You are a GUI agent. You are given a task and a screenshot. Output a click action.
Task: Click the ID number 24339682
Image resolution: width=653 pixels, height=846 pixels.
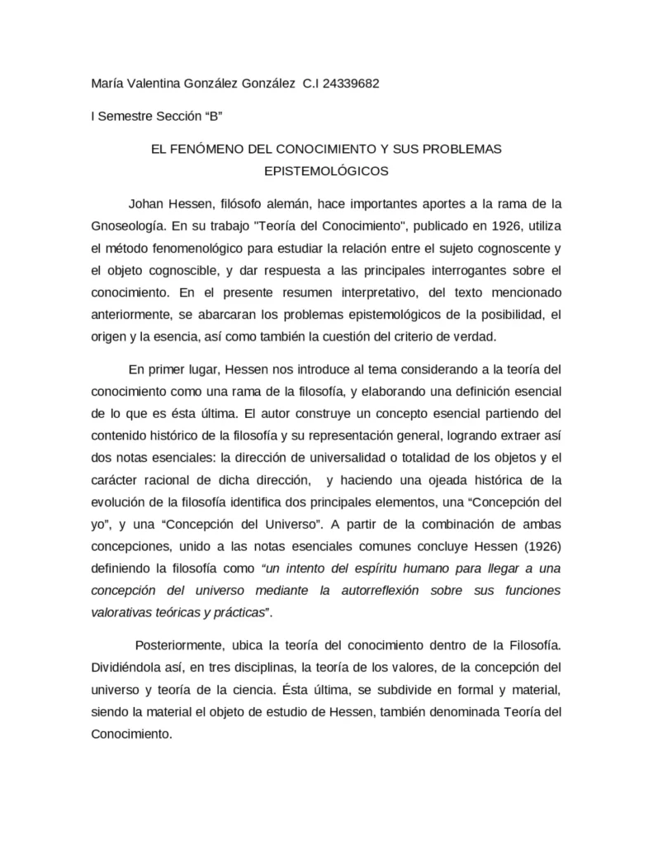tap(351, 83)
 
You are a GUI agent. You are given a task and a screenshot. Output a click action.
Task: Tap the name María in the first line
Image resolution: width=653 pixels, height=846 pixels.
tap(106, 83)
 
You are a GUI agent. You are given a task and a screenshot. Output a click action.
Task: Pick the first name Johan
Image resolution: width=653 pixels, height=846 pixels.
tap(145, 203)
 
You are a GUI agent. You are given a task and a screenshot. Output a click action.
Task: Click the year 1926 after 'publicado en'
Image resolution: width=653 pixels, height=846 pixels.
tap(477, 226)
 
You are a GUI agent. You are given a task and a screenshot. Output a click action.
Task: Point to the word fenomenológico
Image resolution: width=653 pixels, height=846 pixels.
tap(200, 248)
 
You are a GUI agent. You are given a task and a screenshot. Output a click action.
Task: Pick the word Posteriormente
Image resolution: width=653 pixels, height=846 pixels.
tap(177, 643)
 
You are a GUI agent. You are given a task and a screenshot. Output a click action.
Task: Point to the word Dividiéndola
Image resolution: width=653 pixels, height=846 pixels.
tap(126, 665)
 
